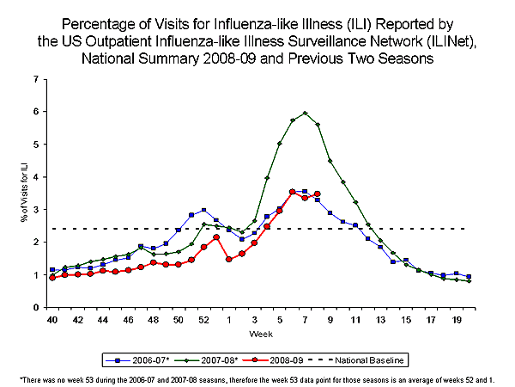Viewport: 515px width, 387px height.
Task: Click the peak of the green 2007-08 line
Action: click(x=305, y=113)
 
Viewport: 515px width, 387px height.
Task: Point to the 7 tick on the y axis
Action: click(x=34, y=79)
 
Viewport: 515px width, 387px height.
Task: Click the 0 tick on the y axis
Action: click(x=34, y=308)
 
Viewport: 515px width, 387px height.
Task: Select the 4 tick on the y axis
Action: click(x=34, y=177)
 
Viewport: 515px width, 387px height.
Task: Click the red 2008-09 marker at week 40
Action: click(x=52, y=278)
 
